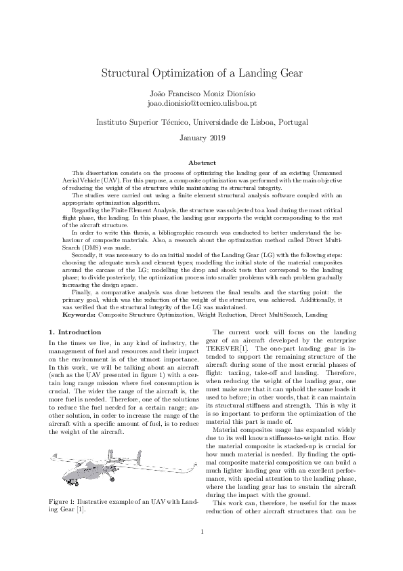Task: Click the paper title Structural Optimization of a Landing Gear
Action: [x=201, y=73]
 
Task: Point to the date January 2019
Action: [x=201, y=138]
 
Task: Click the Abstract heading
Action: [x=201, y=163]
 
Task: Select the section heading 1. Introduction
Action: [x=72, y=332]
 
